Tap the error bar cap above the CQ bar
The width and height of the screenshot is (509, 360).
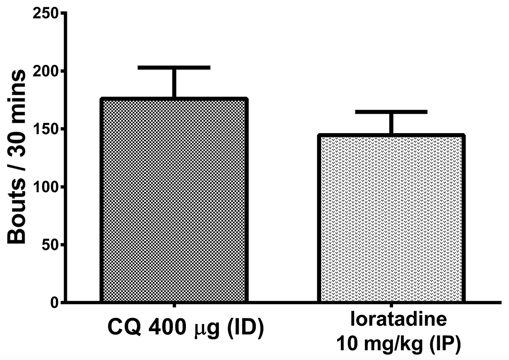point(174,67)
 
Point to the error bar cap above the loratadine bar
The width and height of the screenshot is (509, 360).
point(391,112)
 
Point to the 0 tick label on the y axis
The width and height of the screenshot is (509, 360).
point(53,303)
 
